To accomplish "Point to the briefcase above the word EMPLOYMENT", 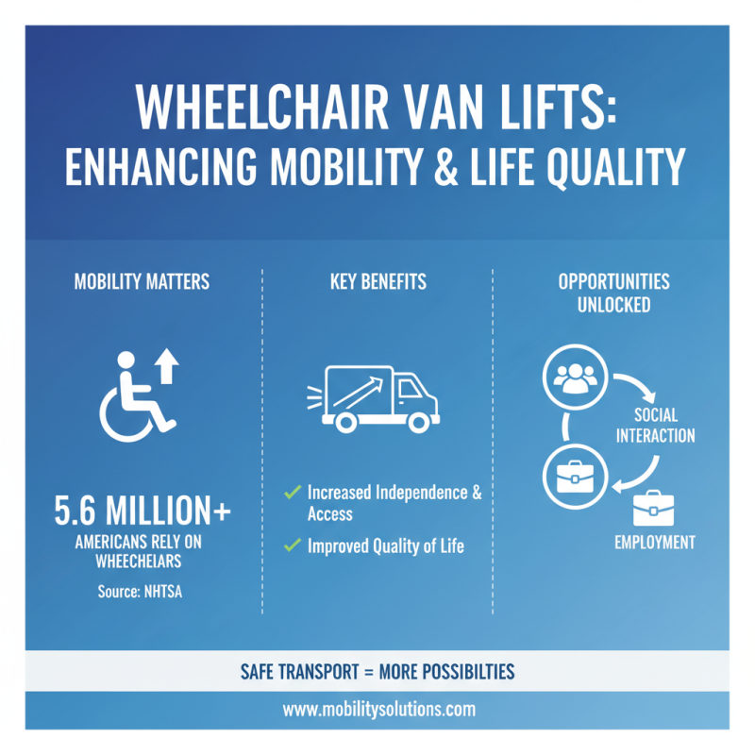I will pyautogui.click(x=654, y=510).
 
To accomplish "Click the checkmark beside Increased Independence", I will pyautogui.click(x=293, y=492).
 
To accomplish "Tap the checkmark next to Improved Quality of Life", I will pyautogui.click(x=293, y=545).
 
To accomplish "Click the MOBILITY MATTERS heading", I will pyautogui.click(x=142, y=282).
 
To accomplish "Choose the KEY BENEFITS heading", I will pyautogui.click(x=377, y=282).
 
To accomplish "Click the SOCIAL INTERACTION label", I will pyautogui.click(x=654, y=426).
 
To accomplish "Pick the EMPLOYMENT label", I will pyautogui.click(x=654, y=543).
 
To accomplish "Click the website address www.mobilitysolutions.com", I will pyautogui.click(x=377, y=709).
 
